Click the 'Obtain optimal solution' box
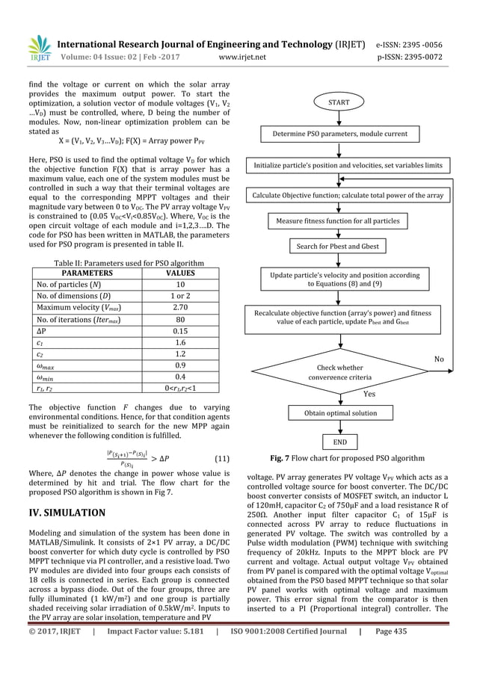point(350,412)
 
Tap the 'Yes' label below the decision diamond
point(369,393)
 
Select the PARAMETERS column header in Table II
point(79,273)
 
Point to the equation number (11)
point(221,456)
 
